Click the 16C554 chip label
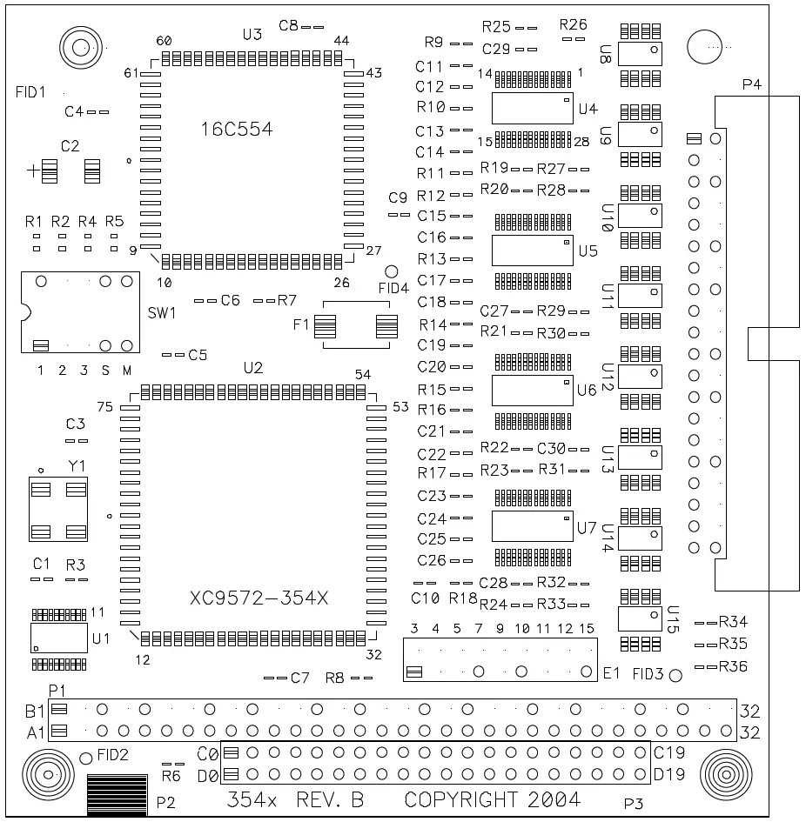pos(238,130)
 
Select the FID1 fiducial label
pos(30,91)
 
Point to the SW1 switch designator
pos(162,312)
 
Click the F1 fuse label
pos(301,325)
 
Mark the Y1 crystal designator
pos(77,466)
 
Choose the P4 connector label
pos(751,85)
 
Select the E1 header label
pos(611,672)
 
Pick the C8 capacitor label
pos(289,26)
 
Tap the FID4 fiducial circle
pos(391,272)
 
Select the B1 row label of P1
pos(36,710)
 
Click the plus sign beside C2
pos(33,171)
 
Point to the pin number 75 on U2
pos(105,407)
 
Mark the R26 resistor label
pos(574,23)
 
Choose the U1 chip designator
pos(101,639)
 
